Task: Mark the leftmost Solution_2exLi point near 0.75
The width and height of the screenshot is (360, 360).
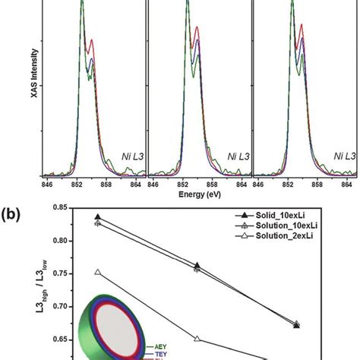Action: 97,272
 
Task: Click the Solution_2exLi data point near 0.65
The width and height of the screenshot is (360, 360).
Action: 197,339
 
